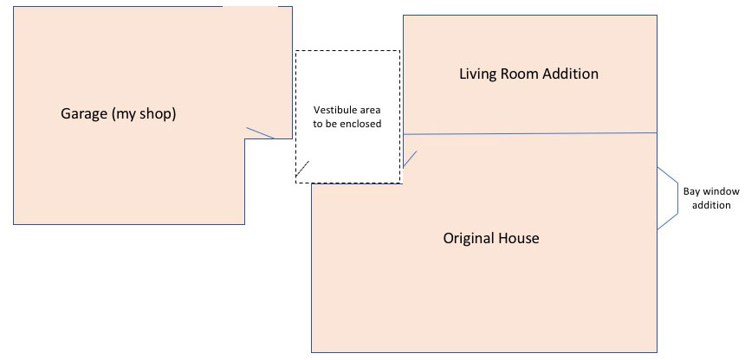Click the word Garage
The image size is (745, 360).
pyautogui.click(x=84, y=114)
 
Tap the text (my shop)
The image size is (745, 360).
pyautogui.click(x=144, y=114)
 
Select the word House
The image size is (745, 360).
pyautogui.click(x=520, y=237)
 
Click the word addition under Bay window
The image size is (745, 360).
pyautogui.click(x=711, y=205)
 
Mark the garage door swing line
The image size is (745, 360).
pyautogui.click(x=260, y=133)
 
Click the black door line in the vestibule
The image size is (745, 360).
pyautogui.click(x=302, y=169)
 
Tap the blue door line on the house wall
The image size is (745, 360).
pyautogui.click(x=410, y=159)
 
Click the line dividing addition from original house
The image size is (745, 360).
pyautogui.click(x=530, y=133)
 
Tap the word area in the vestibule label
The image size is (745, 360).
pyautogui.click(x=370, y=110)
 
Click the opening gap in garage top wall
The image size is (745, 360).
pyautogui.click(x=250, y=6)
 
